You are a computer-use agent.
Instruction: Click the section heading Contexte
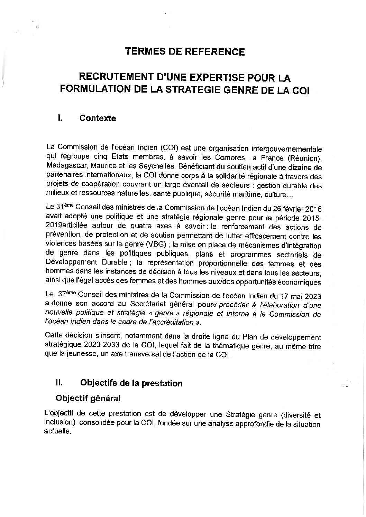(x=98, y=118)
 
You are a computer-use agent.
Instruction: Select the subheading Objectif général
(x=88, y=398)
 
